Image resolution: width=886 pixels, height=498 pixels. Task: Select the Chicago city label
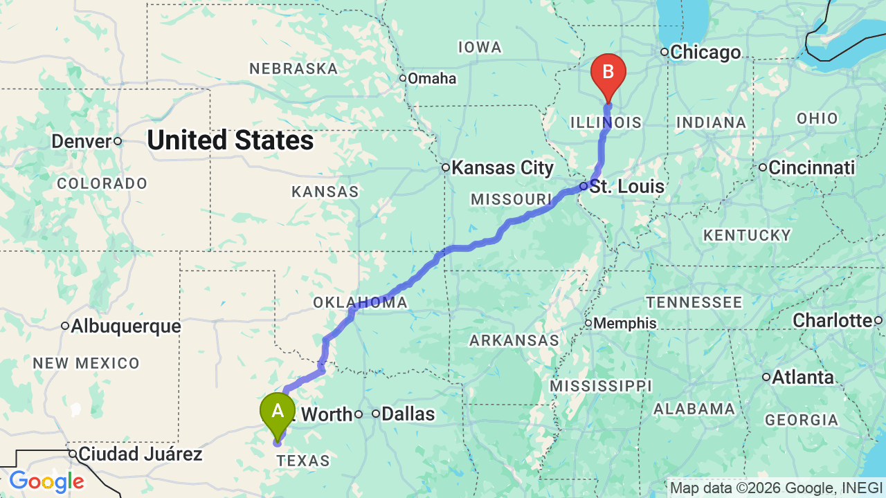[705, 52]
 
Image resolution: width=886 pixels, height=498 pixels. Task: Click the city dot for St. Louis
[584, 186]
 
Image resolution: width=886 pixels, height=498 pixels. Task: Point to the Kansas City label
[503, 167]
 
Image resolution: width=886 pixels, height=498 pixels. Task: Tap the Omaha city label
[431, 78]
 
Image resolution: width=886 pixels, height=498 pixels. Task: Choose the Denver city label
[81, 141]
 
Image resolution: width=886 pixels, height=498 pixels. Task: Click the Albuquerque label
[125, 326]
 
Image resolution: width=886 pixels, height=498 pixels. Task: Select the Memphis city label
[625, 323]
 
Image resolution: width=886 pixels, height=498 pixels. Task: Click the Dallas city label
[408, 414]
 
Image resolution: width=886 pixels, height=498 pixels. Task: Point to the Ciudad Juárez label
[140, 454]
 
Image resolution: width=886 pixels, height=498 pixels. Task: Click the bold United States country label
[230, 140]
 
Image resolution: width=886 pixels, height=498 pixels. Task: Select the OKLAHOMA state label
[360, 303]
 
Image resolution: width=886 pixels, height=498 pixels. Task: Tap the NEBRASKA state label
[293, 68]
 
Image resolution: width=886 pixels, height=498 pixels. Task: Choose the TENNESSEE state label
[694, 302]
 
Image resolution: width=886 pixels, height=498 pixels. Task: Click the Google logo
[46, 481]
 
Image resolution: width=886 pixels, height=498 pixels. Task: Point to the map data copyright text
[776, 488]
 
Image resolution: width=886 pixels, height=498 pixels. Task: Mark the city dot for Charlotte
[878, 320]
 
